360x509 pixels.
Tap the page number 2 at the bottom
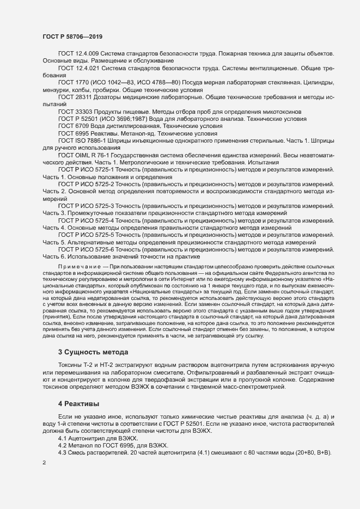(x=44, y=463)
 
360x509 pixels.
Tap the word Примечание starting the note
(x=81, y=265)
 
